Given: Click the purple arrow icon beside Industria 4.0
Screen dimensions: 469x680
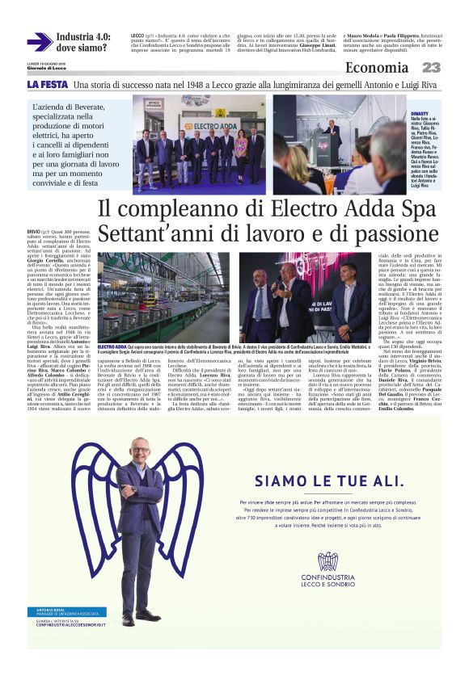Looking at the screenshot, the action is coord(39,42).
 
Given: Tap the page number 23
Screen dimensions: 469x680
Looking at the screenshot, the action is coord(431,68).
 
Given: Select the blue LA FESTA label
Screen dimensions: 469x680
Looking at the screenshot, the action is coord(47,84).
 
